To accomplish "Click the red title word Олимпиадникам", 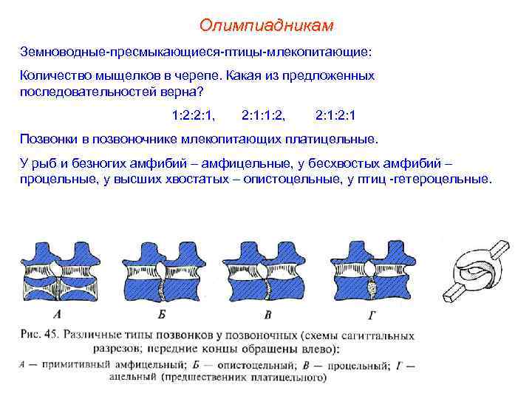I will pos(266,27).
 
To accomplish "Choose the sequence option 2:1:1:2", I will pos(265,115).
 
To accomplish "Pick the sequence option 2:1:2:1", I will pos(336,115).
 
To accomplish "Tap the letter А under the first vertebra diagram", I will pos(57,313).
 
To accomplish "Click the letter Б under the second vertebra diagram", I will pos(160,313).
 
